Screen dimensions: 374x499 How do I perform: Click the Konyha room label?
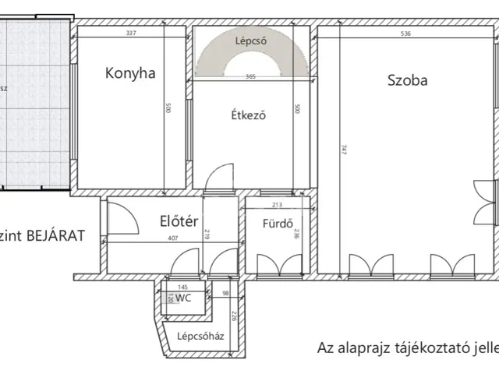pyautogui.click(x=130, y=74)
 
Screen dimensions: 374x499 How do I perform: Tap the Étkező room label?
pyautogui.click(x=249, y=116)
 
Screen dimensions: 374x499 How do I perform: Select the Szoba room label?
pyautogui.click(x=406, y=79)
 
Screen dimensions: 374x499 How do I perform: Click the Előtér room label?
pyautogui.click(x=176, y=221)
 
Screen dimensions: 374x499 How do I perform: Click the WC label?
pyautogui.click(x=184, y=298)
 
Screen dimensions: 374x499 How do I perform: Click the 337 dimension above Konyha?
pyautogui.click(x=131, y=34)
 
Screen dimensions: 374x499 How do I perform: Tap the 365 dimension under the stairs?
pyautogui.click(x=251, y=76)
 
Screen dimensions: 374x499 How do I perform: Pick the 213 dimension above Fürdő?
pyautogui.click(x=277, y=206)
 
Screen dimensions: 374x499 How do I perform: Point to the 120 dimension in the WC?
pyautogui.click(x=169, y=297)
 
